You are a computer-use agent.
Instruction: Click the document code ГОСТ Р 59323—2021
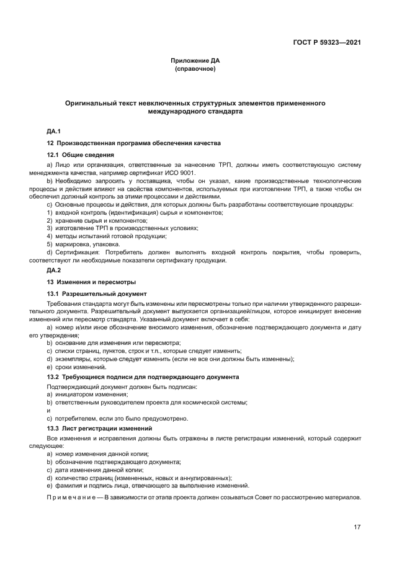coord(327,43)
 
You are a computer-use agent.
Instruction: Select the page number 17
coord(357,527)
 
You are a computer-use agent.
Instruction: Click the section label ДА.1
coord(53,131)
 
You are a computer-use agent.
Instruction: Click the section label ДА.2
coord(53,270)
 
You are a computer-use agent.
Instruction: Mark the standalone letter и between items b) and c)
coord(49,410)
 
